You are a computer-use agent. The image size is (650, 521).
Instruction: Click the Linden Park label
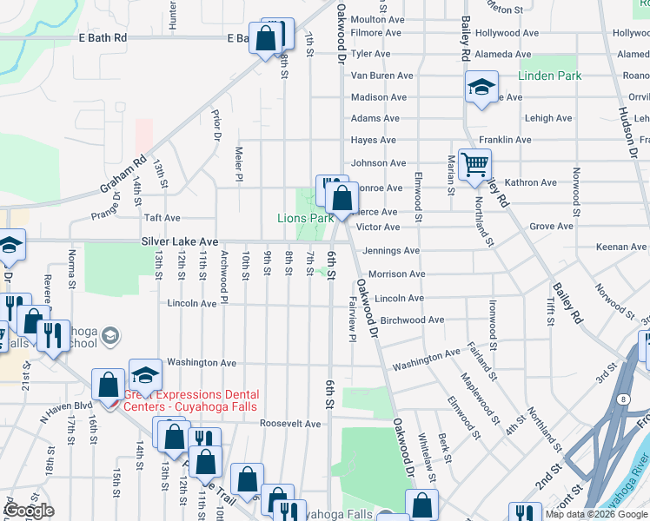(549, 76)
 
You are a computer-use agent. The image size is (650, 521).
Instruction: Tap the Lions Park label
(305, 219)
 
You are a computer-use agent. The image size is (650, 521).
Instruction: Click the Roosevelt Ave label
(291, 424)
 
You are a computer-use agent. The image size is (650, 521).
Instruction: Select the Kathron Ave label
(530, 182)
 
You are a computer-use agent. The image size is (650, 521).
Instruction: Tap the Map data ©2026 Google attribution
(596, 514)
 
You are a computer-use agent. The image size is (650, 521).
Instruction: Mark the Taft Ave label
(162, 219)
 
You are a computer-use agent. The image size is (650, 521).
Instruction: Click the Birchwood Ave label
(412, 320)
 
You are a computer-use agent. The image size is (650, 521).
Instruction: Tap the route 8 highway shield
(623, 398)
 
